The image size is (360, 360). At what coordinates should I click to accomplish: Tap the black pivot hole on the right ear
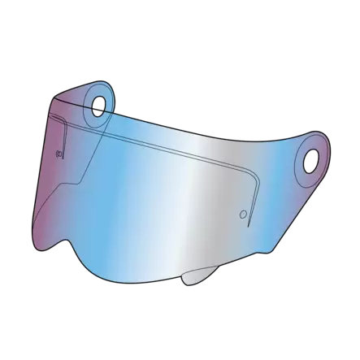(x=312, y=163)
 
